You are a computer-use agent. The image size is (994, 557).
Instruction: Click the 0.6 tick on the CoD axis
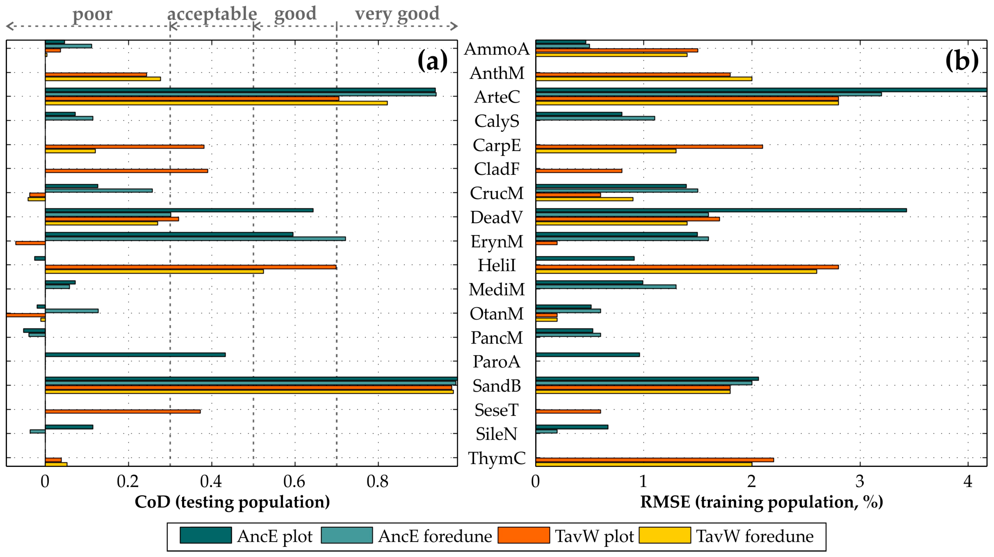point(295,481)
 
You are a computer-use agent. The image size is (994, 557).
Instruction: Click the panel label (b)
point(962,61)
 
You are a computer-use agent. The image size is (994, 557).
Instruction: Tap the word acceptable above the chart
point(212,14)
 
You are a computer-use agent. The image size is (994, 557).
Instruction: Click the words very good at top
point(397,14)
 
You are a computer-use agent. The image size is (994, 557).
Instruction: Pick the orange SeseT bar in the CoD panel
point(123,411)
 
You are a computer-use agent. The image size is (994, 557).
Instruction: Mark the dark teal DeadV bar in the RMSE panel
point(721,210)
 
